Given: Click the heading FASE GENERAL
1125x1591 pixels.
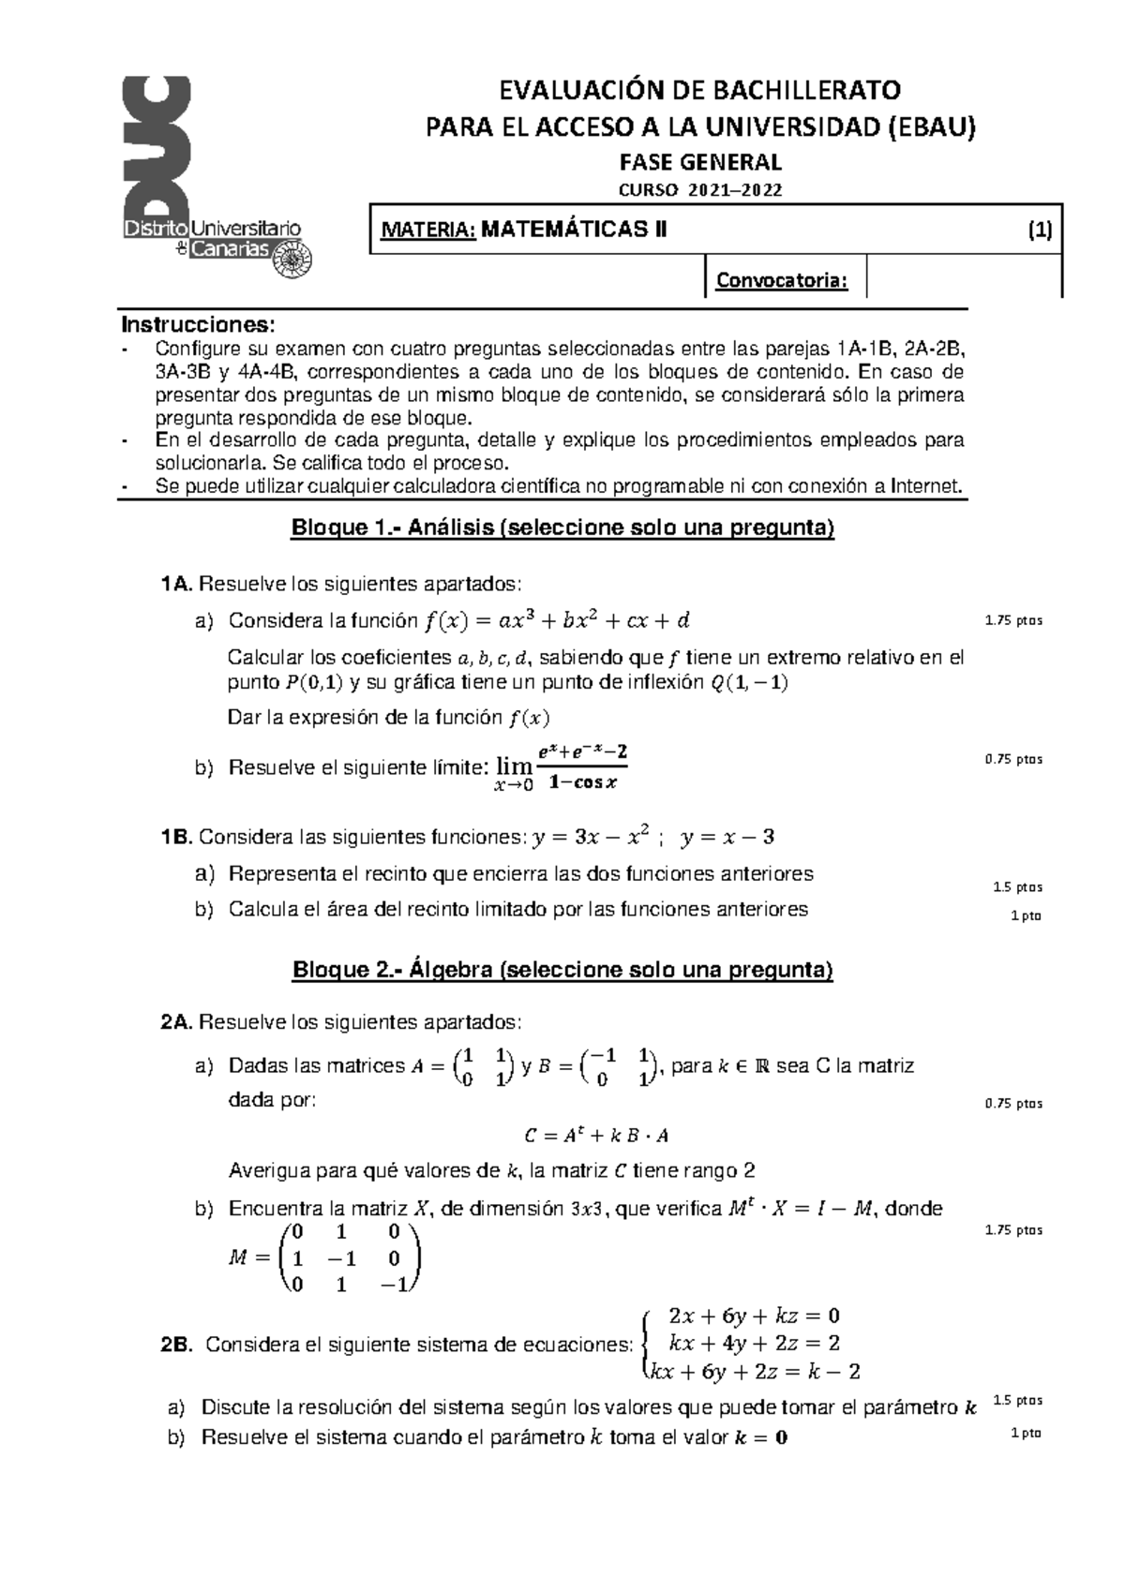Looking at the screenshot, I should point(700,161).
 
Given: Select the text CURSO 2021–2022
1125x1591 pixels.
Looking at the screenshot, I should point(700,190).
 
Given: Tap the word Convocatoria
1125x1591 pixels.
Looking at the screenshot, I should point(782,280).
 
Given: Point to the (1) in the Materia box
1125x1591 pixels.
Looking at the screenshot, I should point(1040,230).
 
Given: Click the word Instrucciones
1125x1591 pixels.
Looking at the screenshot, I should point(199,325).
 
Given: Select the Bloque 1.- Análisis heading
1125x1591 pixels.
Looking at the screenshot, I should point(562,528).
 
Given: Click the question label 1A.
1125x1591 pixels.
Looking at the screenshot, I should point(176,585).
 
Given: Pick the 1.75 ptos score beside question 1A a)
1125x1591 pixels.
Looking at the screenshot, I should point(1013,621).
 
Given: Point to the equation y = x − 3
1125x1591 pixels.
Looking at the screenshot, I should point(727,837).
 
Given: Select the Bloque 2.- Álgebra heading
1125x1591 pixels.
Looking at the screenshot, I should point(562,970).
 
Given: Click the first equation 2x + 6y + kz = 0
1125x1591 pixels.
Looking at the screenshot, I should point(749,1315).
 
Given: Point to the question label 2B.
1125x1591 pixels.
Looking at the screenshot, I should point(176,1346).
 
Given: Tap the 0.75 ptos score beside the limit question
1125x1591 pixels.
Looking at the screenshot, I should point(1013,760).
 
